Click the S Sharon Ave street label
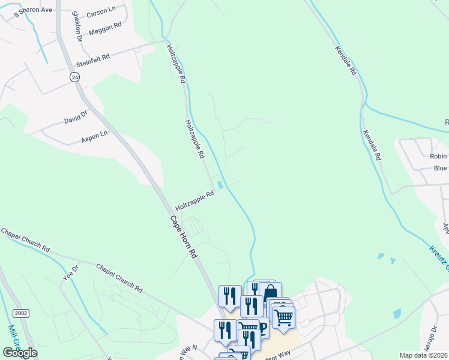32,11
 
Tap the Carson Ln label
101,12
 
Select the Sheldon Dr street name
77,26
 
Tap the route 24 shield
74,77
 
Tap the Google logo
20,353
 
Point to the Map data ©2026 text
423,355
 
